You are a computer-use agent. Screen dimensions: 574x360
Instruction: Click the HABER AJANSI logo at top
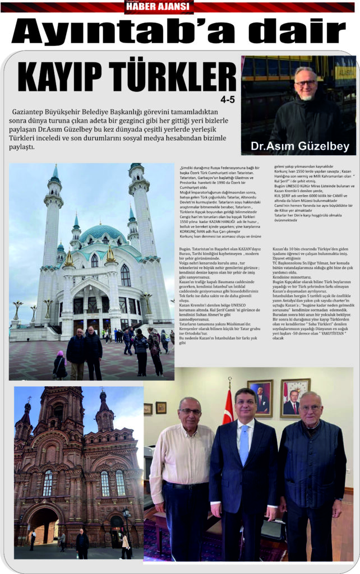tap(159, 7)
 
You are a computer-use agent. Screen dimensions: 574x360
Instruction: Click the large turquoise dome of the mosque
tap(102, 233)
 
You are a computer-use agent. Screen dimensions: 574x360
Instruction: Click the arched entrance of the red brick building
tap(44, 524)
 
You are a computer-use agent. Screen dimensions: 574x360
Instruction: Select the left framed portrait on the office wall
tap(260, 395)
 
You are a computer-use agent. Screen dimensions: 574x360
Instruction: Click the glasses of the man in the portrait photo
tap(306, 82)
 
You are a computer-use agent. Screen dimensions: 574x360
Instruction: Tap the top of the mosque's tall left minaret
tap(55, 171)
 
